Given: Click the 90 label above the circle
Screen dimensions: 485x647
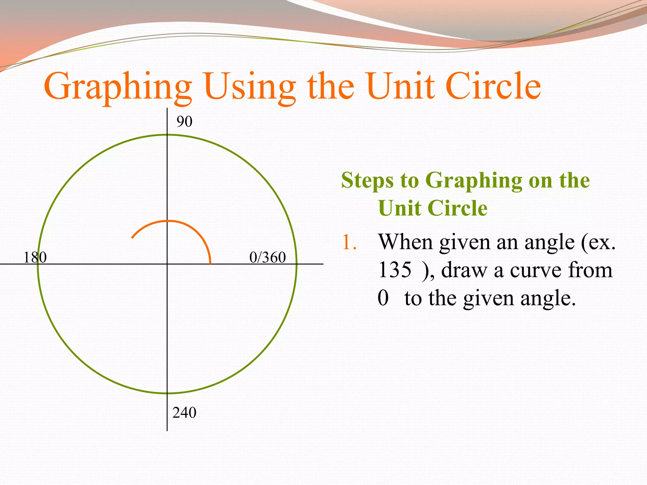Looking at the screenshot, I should pos(184,122).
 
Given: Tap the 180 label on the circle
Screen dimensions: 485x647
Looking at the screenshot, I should pos(35,257).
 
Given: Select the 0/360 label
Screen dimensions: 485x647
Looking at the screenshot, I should pos(267,257).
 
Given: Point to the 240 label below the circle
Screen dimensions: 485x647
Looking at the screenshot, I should pos(184,412).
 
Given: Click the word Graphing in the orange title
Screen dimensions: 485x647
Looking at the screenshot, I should pos(118,87).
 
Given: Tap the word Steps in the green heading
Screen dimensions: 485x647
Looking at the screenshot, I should pos(367,181).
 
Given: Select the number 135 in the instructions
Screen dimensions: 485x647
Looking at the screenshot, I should pos(395,270).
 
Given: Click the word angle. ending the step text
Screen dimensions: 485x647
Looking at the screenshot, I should pos(548,299).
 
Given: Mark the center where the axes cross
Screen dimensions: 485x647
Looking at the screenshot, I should pos(167,264).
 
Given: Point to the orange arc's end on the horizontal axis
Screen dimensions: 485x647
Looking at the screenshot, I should pos(210,263).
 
